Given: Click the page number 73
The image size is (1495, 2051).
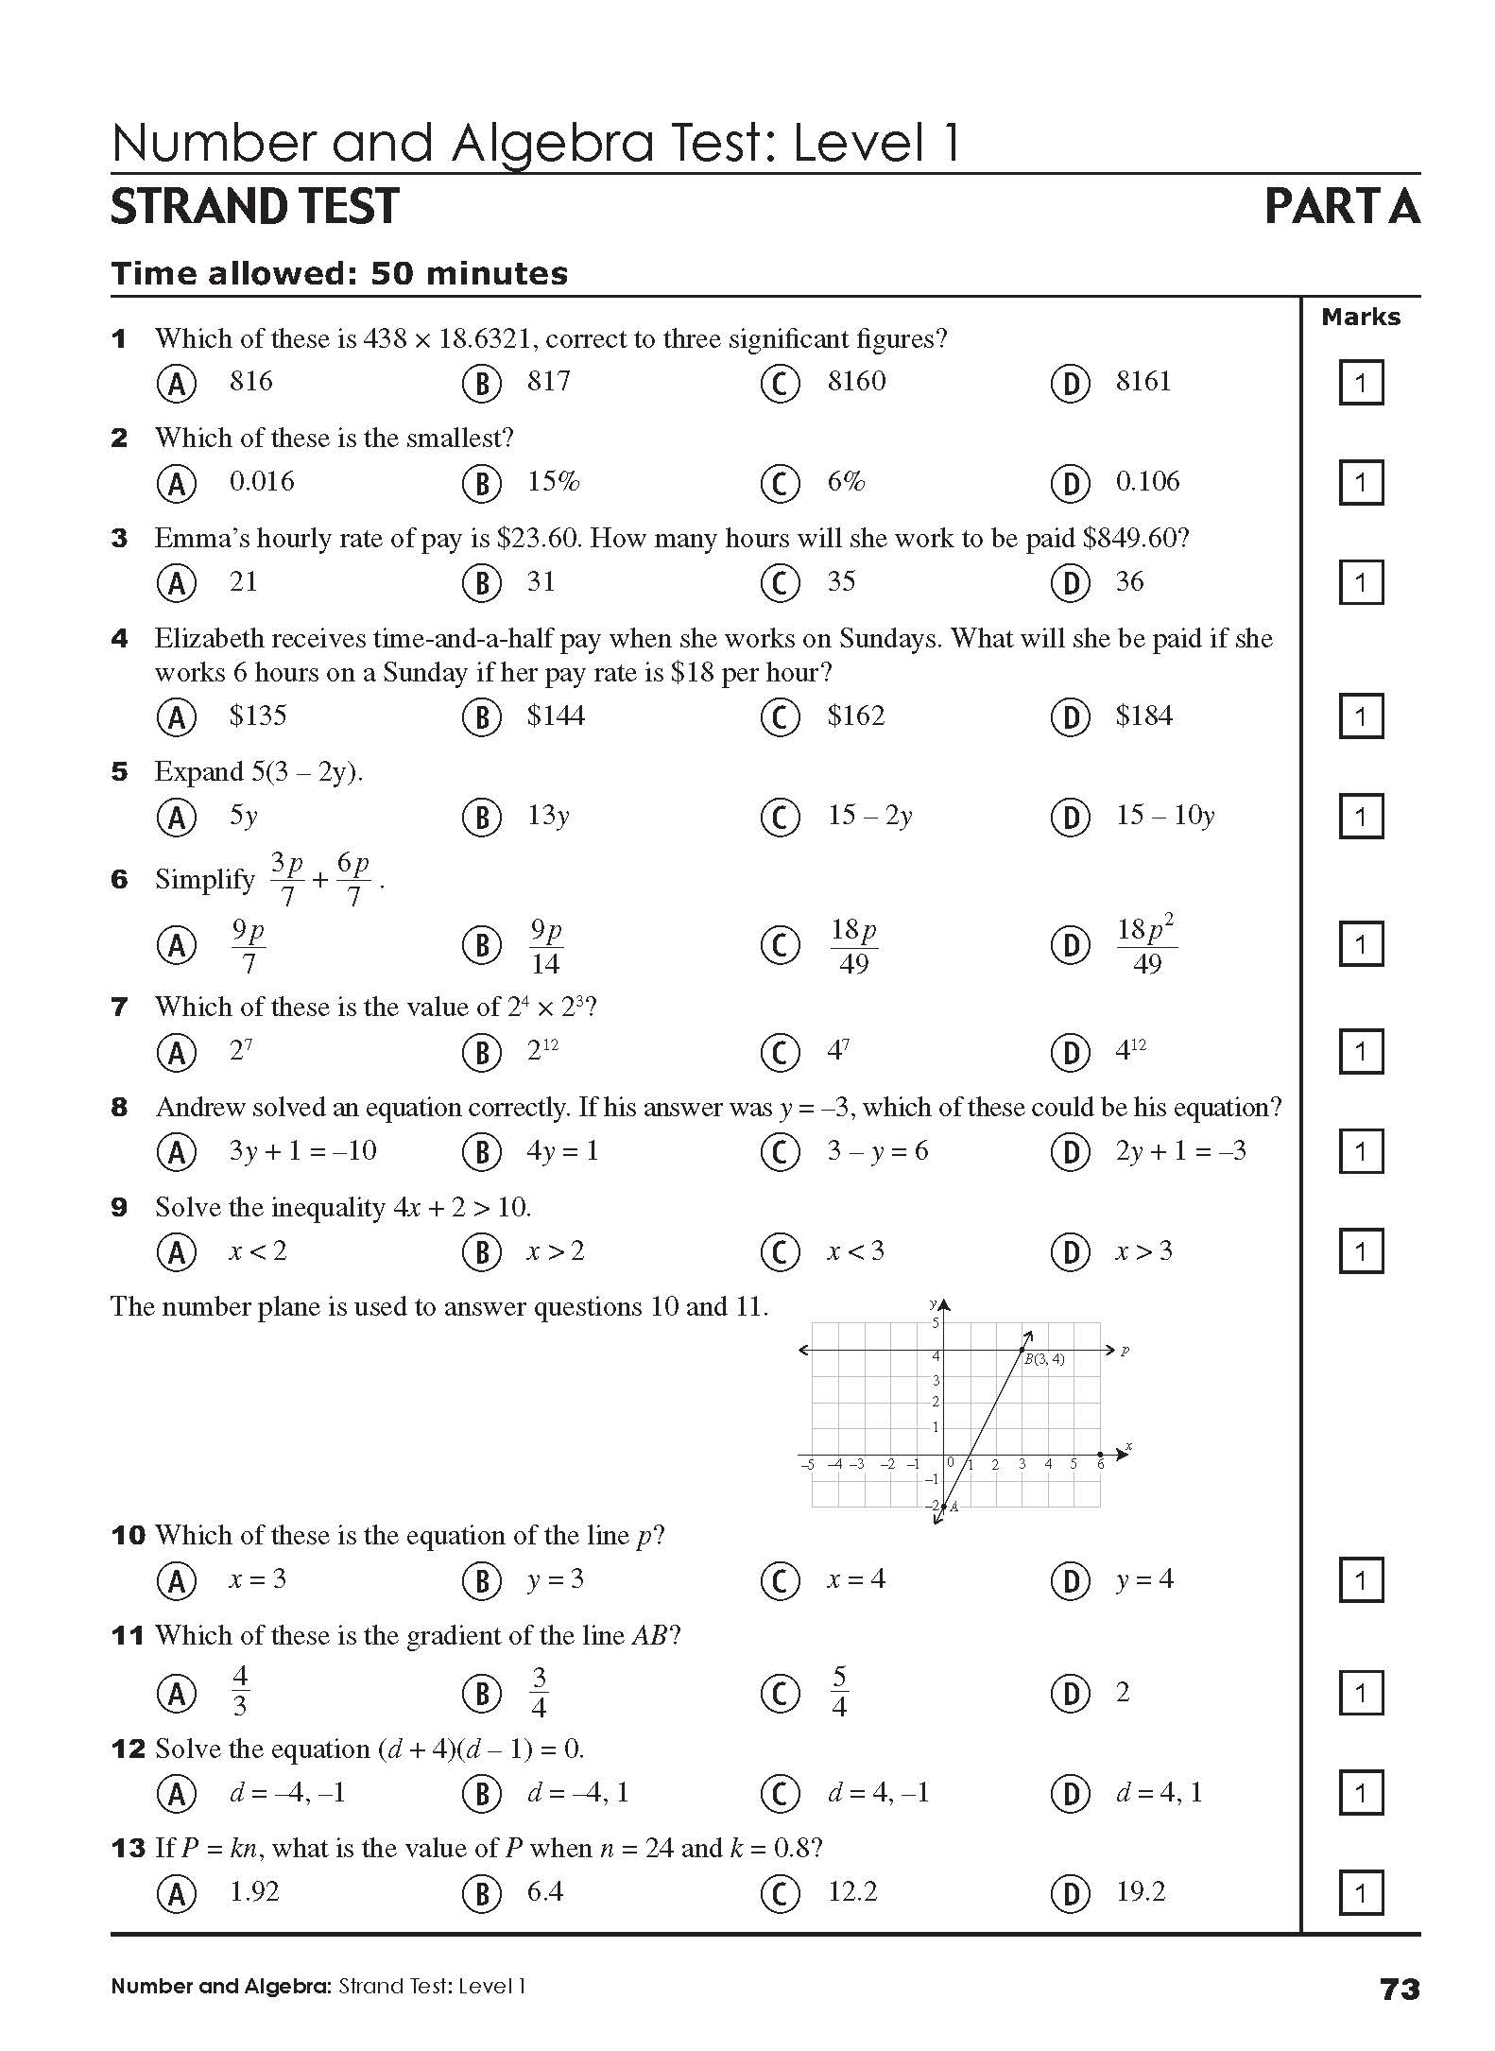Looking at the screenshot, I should (1400, 1990).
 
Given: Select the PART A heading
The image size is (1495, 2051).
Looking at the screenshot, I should (1341, 207).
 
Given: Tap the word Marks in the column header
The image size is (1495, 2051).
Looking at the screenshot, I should (1360, 318).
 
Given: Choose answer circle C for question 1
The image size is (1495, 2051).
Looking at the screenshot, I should (780, 383).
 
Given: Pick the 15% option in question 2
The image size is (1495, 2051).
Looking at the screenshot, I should (553, 482).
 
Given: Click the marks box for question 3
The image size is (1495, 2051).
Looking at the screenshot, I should (1360, 583).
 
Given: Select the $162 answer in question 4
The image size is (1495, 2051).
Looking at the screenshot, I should (855, 716).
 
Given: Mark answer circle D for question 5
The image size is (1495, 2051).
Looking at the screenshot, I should (1070, 817).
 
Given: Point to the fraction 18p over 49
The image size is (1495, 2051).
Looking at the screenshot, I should (853, 945).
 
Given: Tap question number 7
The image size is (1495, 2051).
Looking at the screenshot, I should (119, 1008).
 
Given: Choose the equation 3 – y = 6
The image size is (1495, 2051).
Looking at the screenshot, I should (877, 1151).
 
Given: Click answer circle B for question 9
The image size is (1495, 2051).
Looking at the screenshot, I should (481, 1252).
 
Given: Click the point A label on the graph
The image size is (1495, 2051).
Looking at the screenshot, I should (954, 1507).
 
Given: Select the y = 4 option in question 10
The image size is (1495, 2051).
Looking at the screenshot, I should (1143, 1579).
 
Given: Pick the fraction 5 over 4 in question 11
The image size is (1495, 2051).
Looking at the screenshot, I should (838, 1693).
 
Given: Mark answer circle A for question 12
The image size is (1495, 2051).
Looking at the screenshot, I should (177, 1793).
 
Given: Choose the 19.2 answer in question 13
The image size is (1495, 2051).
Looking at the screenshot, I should (1140, 1892).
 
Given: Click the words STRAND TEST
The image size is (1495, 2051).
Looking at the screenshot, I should (255, 207).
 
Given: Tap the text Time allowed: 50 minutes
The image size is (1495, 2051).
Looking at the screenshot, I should (339, 274).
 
